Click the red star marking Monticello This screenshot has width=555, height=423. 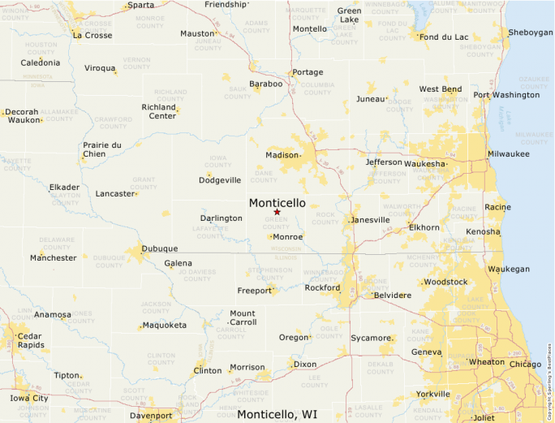click(x=277, y=212)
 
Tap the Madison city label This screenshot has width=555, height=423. click(x=282, y=155)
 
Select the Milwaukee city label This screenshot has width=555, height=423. click(x=508, y=153)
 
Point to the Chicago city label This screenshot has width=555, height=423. click(x=525, y=365)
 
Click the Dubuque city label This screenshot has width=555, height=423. click(x=159, y=248)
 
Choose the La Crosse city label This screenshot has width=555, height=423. click(x=92, y=35)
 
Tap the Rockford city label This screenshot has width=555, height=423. click(x=322, y=287)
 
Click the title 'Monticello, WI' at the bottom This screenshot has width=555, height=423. click(x=277, y=414)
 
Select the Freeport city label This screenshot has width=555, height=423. click(x=254, y=290)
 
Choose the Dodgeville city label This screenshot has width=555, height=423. click(x=221, y=179)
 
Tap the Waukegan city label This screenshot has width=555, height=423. click(x=508, y=269)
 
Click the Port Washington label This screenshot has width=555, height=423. click(x=506, y=95)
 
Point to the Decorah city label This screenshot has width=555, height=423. click(x=21, y=113)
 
